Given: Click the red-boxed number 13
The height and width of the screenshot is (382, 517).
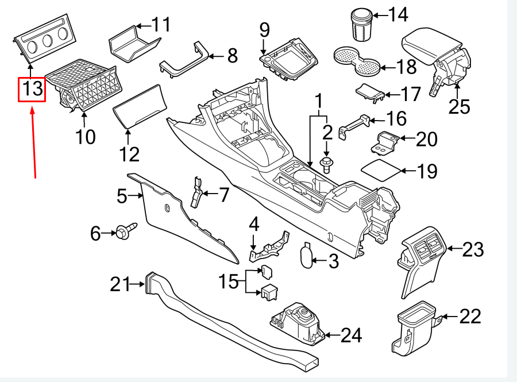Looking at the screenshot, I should tap(32, 89).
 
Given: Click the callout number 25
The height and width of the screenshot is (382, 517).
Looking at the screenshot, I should tap(459, 107).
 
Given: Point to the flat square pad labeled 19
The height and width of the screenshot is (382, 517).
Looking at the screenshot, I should tap(380, 171).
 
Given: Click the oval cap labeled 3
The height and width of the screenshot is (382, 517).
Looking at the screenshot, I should tap(307, 254).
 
